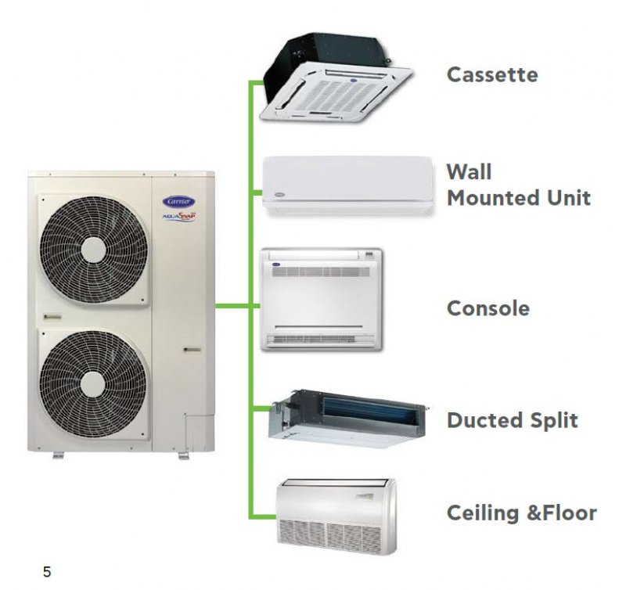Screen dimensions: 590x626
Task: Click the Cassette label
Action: pos(492,75)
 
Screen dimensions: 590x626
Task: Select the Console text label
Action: pos(487,308)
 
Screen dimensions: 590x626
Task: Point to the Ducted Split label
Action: pos(512,420)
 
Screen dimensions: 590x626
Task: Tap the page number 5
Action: pos(47,572)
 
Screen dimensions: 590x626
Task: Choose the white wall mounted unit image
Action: pos(347,185)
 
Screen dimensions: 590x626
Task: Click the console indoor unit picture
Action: pos(322,300)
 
